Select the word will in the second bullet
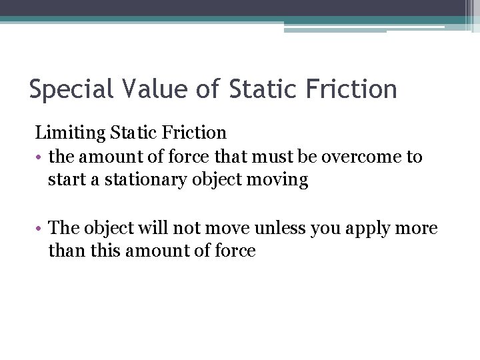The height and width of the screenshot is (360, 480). (150, 228)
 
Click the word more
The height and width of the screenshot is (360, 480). (419, 228)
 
